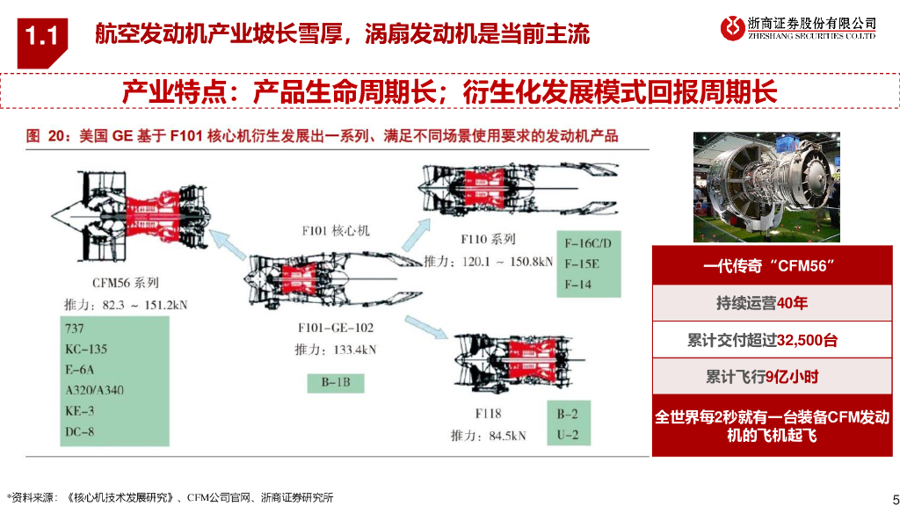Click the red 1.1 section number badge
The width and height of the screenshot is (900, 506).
tap(42, 41)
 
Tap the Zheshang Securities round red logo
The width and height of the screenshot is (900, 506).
tap(732, 27)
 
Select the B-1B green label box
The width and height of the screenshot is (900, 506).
tap(336, 383)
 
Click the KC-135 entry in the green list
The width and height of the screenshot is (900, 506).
tap(86, 349)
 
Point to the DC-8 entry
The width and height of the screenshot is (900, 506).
tap(79, 431)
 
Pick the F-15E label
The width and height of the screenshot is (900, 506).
tap(582, 264)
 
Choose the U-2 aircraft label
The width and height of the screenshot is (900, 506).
tap(567, 435)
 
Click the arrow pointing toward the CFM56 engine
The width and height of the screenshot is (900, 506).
tap(228, 244)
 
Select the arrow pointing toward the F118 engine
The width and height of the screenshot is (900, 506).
tap(426, 328)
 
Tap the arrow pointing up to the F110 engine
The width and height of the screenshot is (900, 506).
tap(416, 235)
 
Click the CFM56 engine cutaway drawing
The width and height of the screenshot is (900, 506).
tap(132, 217)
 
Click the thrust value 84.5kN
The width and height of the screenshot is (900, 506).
tap(507, 436)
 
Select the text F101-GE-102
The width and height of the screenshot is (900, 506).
tap(336, 329)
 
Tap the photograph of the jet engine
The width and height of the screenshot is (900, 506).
tap(766, 187)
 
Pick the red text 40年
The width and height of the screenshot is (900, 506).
tap(792, 303)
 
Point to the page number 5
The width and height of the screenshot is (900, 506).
tap(896, 498)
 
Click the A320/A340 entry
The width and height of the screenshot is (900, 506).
tap(94, 390)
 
